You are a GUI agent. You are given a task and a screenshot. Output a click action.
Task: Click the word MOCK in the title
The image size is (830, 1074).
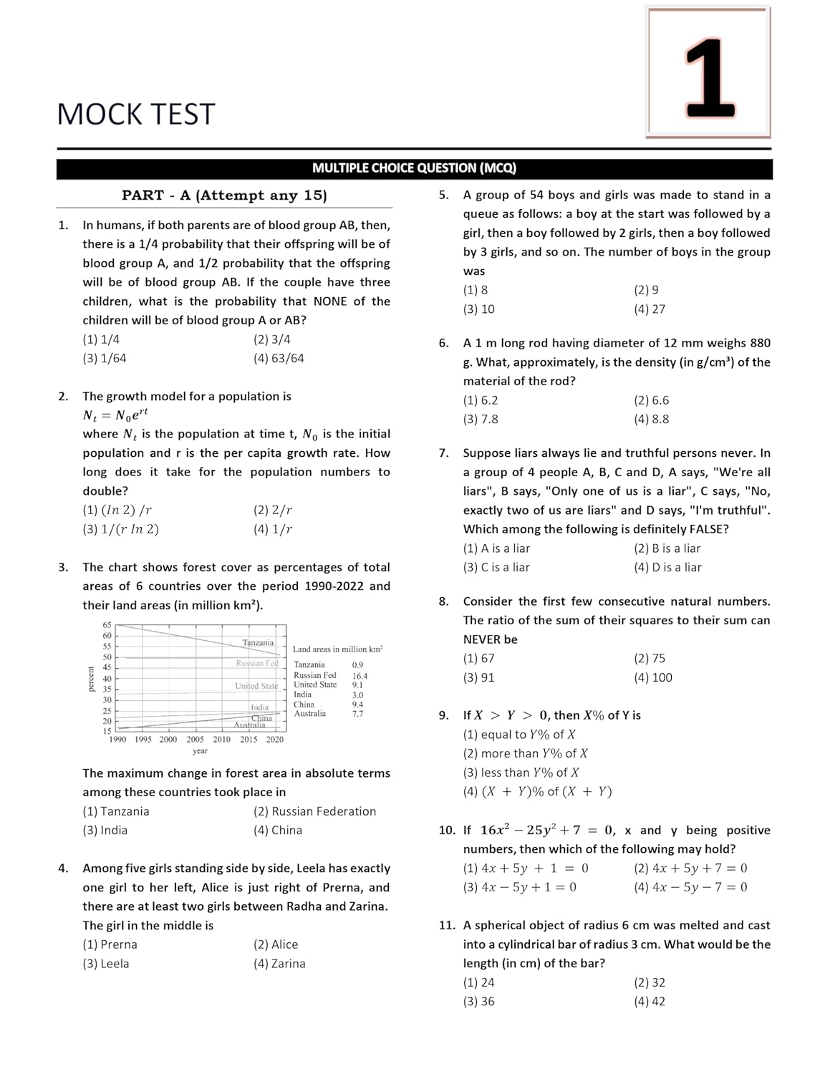coord(100,115)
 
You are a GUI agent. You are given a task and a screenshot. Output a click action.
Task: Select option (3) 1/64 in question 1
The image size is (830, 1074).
coord(105,358)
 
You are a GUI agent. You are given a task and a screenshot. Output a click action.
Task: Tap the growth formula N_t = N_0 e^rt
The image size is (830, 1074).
coord(115,415)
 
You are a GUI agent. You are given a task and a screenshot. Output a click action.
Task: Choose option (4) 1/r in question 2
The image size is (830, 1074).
coord(273,529)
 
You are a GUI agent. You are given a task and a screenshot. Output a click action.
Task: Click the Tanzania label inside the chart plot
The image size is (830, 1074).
coord(258,642)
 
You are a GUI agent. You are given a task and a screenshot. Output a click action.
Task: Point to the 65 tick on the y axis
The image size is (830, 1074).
coord(107,625)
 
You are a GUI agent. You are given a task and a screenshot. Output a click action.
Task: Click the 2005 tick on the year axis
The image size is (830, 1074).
coord(195,740)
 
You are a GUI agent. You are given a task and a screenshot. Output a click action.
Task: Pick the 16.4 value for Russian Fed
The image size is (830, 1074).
coord(359,676)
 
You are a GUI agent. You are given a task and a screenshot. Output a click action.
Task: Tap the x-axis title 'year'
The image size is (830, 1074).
coord(200,751)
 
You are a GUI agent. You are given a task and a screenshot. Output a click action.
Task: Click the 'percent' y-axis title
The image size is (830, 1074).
coord(91,678)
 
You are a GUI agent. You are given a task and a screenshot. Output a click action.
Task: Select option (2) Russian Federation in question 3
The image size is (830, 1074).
coord(314,811)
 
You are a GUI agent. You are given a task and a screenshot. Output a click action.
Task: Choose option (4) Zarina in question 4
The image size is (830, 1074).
coord(279,964)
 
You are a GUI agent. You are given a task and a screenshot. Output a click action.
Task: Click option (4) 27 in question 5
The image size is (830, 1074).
coord(650,309)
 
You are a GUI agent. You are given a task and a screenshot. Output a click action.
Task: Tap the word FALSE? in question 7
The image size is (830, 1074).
coord(709,529)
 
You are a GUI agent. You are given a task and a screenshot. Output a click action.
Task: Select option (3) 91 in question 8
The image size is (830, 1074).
coord(479,677)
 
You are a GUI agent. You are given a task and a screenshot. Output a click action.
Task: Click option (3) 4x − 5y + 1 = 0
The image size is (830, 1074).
coord(520,887)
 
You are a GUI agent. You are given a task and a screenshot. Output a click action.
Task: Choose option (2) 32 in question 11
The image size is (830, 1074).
coord(650,982)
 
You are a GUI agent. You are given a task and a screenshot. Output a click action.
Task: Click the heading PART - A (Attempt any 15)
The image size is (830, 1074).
coord(224,195)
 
